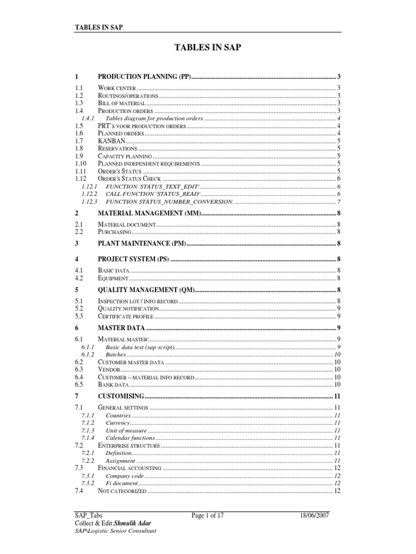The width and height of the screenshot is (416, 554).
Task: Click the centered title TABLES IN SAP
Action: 208,48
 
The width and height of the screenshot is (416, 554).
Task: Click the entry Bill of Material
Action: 121,103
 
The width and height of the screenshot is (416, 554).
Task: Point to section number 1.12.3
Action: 88,201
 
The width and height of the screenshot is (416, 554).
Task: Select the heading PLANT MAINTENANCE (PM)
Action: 142,243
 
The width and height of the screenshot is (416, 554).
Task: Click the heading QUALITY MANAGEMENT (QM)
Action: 145,289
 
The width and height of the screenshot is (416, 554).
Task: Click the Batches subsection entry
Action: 116,354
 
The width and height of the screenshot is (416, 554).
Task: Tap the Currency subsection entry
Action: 118,422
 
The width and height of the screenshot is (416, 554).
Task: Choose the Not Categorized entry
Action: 122,491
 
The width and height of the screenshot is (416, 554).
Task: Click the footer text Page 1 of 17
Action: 207,516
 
